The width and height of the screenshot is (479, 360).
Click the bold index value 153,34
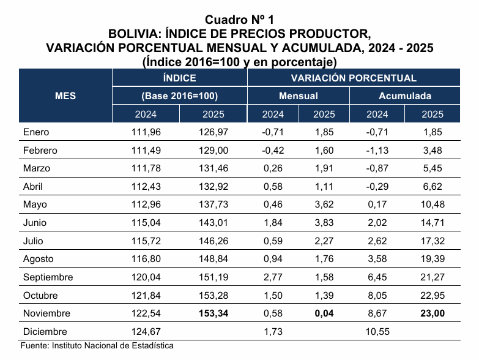[x=213, y=313]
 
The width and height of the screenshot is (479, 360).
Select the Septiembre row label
[x=48, y=277]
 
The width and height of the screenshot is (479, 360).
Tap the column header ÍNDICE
[x=179, y=78]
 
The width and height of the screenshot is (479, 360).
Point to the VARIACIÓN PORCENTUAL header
[x=354, y=78]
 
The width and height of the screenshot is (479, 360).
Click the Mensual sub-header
[x=298, y=96]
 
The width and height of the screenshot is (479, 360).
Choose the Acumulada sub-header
[x=404, y=96]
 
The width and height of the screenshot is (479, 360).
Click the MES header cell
[x=65, y=96]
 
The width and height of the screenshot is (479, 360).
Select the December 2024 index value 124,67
[x=146, y=331]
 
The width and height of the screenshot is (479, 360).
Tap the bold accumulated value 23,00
[x=433, y=313]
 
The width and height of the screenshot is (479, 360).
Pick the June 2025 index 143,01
[x=213, y=223]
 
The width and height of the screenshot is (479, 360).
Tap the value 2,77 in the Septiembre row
[x=273, y=277]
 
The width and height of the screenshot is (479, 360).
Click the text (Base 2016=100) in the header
[x=179, y=96]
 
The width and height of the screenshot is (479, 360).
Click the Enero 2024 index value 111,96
[x=146, y=132]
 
